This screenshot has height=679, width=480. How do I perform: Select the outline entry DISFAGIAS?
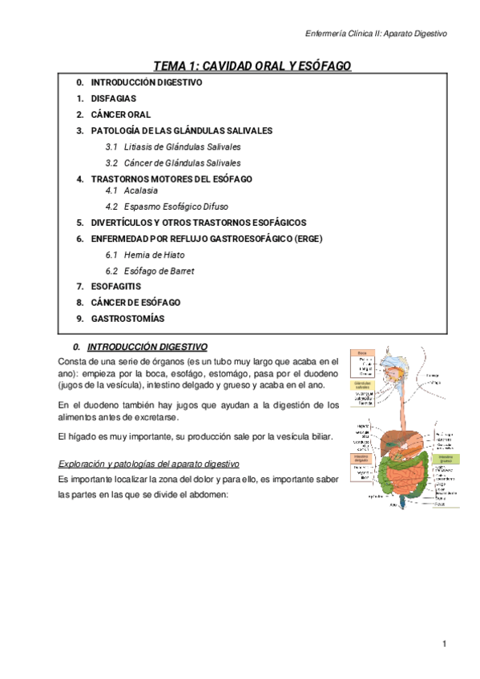coord(113,98)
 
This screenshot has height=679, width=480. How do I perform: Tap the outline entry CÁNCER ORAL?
coord(120,115)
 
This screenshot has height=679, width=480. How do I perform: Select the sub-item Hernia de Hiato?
coord(155,255)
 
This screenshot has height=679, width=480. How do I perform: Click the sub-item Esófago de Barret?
coord(159,271)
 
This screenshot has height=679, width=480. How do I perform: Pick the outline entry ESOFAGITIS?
coord(116,286)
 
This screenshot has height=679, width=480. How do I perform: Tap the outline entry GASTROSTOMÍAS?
coord(127,318)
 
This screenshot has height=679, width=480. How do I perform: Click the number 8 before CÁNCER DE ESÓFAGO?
coord(79,302)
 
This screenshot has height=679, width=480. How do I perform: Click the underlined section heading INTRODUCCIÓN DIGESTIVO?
coord(147,348)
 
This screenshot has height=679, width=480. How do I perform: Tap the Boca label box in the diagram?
coord(362,352)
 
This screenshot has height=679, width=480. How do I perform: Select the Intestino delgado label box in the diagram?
coord(362,459)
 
